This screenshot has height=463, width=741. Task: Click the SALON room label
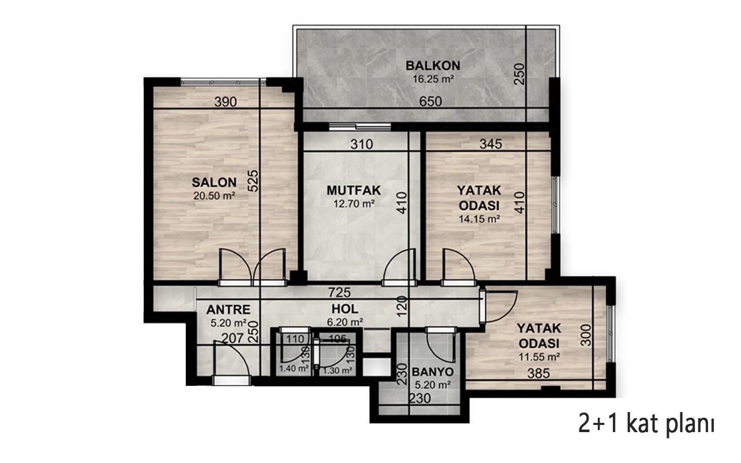pyautogui.click(x=214, y=182)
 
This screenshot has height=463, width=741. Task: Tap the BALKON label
pyautogui.click(x=433, y=65)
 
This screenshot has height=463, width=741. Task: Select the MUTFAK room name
pyautogui.click(x=354, y=190)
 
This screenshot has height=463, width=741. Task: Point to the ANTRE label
pyautogui.click(x=228, y=310)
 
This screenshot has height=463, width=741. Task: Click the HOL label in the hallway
pyautogui.click(x=345, y=309)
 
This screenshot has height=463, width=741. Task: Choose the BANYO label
pyautogui.click(x=432, y=372)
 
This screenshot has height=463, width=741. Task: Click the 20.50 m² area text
pyautogui.click(x=214, y=196)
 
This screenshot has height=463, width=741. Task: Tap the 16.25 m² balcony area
pyautogui.click(x=433, y=79)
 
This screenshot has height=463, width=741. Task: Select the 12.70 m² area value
pyautogui.click(x=354, y=203)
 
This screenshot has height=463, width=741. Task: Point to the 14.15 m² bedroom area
pyautogui.click(x=479, y=219)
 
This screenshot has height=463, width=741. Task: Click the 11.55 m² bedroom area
pyautogui.click(x=539, y=357)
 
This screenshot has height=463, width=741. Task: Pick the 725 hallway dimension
pyautogui.click(x=339, y=292)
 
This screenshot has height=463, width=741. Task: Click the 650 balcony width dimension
pyautogui.click(x=430, y=101)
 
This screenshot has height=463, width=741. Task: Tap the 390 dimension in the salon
pyautogui.click(x=225, y=102)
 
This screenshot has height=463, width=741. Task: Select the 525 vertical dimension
pyautogui.click(x=253, y=181)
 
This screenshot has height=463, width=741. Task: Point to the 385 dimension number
pyautogui.click(x=539, y=373)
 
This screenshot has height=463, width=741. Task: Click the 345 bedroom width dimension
pyautogui.click(x=491, y=144)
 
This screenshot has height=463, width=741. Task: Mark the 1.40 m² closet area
pyautogui.click(x=294, y=369)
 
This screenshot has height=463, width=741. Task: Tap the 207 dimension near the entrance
pyautogui.click(x=233, y=338)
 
